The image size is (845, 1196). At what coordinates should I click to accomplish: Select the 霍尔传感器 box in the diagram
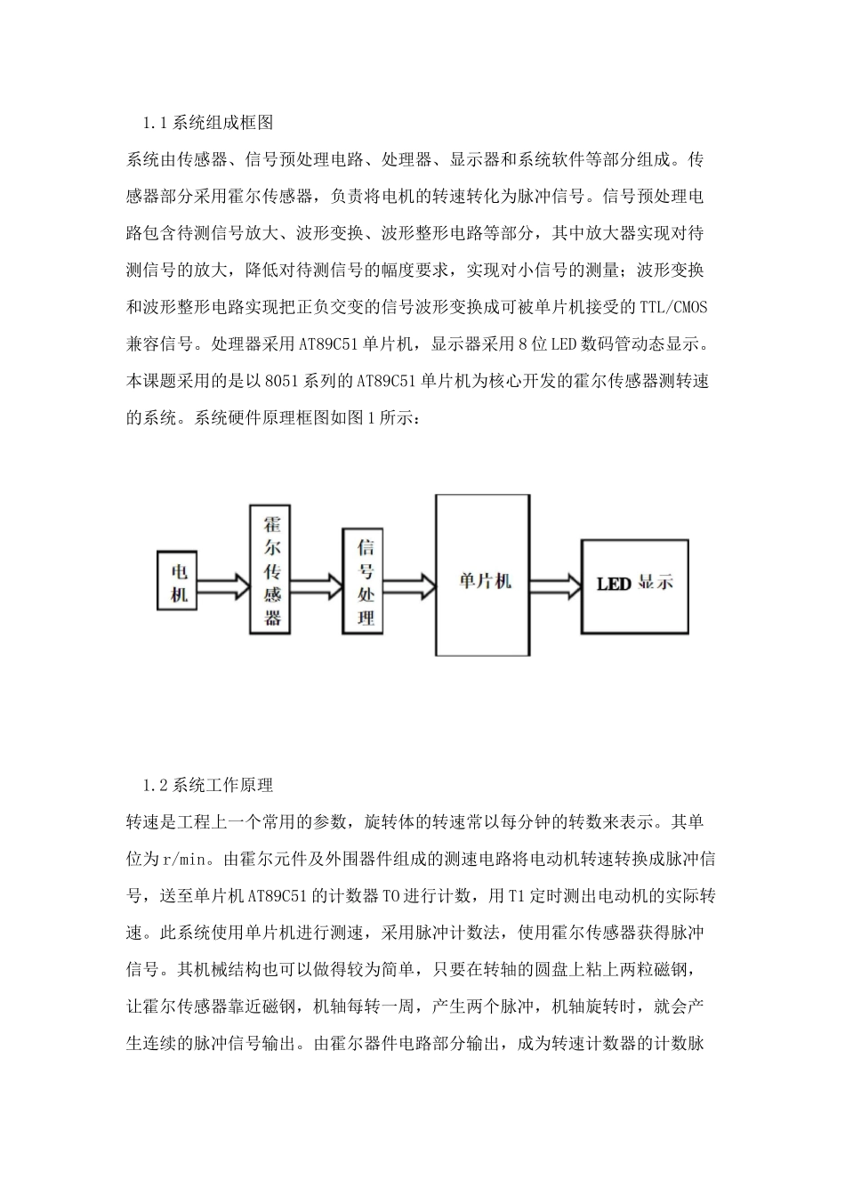273,568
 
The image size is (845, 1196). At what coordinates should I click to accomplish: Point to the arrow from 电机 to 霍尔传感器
224,586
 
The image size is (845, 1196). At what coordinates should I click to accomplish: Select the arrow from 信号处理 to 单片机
409,585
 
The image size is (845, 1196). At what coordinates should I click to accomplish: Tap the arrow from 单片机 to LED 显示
555,584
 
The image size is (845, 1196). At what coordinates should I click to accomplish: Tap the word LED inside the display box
614,585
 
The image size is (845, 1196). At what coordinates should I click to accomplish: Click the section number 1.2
155,786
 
